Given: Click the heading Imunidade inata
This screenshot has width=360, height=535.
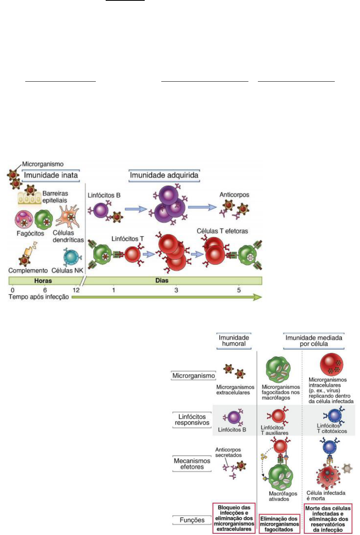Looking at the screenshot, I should click(x=51, y=175).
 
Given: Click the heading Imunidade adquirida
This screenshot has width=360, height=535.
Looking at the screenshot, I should click(x=164, y=175).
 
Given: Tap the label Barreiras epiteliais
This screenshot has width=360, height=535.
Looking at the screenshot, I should click(x=55, y=197).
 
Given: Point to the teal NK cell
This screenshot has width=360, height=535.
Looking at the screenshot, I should click(x=72, y=257).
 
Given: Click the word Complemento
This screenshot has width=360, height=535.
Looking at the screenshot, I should click(x=28, y=271).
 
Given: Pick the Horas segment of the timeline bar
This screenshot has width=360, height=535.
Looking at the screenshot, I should click(x=43, y=281).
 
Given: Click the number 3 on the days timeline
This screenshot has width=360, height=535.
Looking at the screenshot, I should click(x=176, y=290).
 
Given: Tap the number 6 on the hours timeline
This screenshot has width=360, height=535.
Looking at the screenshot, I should click(x=45, y=290).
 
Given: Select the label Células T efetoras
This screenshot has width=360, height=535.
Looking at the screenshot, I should click(x=222, y=231).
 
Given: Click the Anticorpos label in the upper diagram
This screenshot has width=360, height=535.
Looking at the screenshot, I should click(x=234, y=195).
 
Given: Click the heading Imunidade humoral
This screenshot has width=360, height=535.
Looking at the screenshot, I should click(x=234, y=340).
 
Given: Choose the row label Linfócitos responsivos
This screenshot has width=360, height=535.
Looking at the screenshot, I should click(x=192, y=420).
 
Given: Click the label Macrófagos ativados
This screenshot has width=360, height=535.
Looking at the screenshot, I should click(x=283, y=496).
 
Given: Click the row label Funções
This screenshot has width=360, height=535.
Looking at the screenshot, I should click(x=192, y=520).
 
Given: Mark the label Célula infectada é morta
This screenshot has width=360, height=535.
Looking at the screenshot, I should click(x=326, y=496).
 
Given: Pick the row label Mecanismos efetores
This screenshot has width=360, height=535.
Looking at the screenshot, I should click(x=192, y=464).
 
